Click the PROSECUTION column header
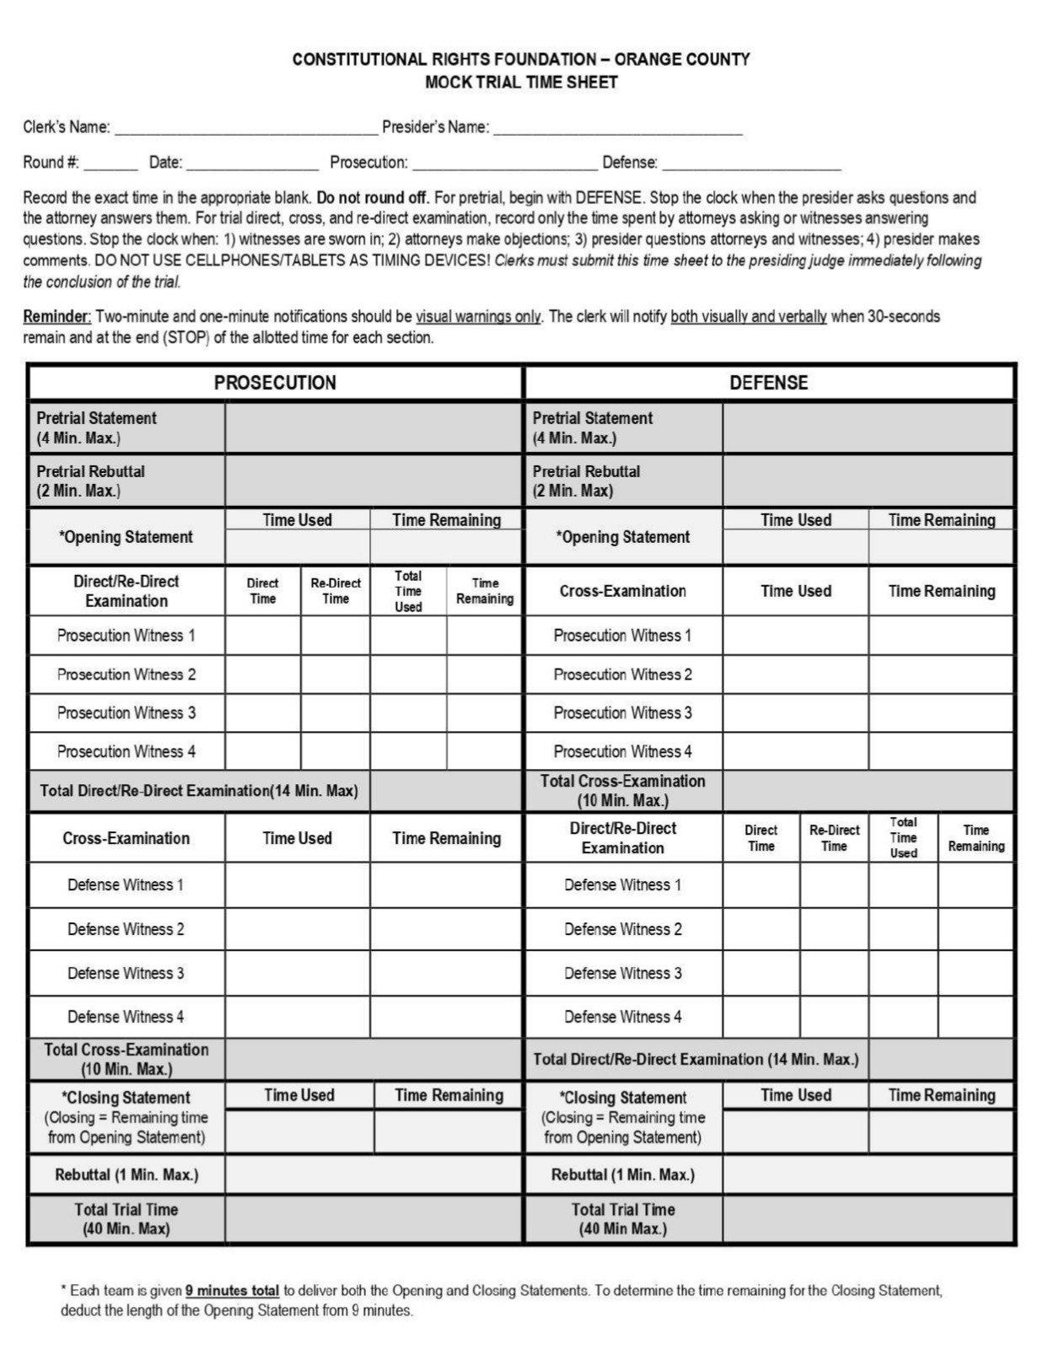(275, 383)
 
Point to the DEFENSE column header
(768, 383)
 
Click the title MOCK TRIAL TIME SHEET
(521, 83)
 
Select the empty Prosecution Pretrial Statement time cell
(373, 428)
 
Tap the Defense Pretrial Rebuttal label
(586, 481)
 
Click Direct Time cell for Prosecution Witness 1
(262, 635)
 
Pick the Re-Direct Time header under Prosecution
(335, 591)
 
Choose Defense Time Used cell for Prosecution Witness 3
(795, 712)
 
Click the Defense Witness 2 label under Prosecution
(126, 929)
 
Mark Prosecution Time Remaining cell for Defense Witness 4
(445, 1017)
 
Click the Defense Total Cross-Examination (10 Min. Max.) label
(622, 790)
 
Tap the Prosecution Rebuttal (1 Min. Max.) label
(126, 1174)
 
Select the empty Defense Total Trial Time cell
(868, 1219)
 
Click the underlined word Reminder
(56, 317)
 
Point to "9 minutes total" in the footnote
(232, 1291)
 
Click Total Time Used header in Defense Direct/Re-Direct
(903, 837)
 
